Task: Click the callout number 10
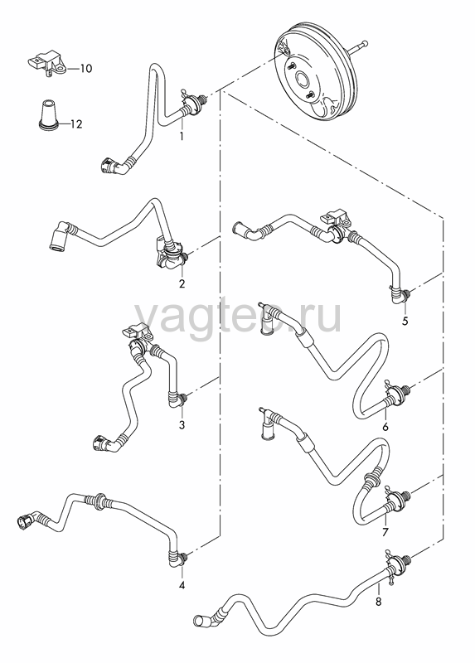pos(86,69)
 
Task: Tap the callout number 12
pos(76,124)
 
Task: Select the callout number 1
pos(182,137)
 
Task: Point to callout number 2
pos(182,283)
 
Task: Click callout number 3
pos(182,425)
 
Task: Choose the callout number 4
pos(182,585)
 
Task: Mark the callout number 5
pos(405,322)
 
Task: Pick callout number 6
pos(385,427)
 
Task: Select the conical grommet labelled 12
pos(46,114)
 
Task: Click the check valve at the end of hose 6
pos(397,392)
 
